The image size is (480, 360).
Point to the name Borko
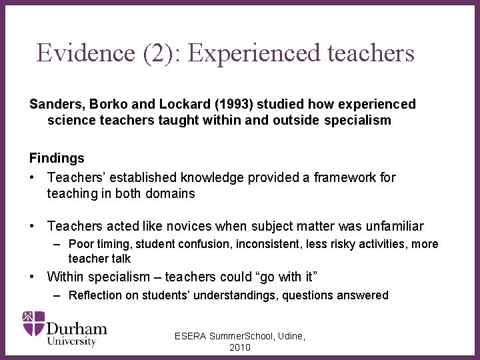click(x=107, y=105)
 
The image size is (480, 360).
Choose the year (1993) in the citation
click(x=231, y=105)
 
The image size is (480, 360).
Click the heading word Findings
click(x=57, y=158)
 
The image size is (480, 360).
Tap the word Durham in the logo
click(x=77, y=328)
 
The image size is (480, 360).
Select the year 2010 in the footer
click(x=240, y=348)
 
